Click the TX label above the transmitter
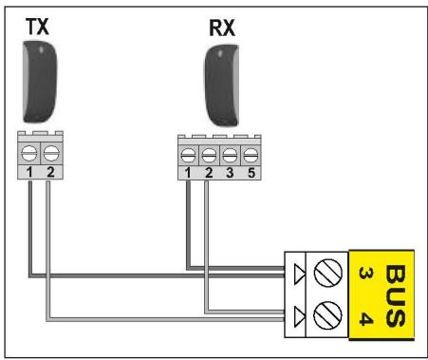(x=37, y=27)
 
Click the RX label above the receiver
(x=222, y=28)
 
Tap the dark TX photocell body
(x=40, y=82)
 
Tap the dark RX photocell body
(x=221, y=85)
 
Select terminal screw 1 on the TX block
(x=29, y=153)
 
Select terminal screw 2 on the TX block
(x=51, y=153)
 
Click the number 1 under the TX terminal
(x=29, y=172)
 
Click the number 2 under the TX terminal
(x=50, y=172)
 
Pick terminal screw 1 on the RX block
(x=188, y=156)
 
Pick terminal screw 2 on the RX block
(x=209, y=156)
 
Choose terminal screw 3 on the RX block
(x=230, y=156)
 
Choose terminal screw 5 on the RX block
(x=251, y=156)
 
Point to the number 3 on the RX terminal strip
(x=230, y=173)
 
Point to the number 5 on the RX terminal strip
(x=251, y=173)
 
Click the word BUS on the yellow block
(x=396, y=295)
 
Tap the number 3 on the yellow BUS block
(x=366, y=273)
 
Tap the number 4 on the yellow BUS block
(x=366, y=318)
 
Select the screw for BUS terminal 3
(x=328, y=273)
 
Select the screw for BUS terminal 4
(x=328, y=316)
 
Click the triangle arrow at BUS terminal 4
(x=299, y=316)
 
